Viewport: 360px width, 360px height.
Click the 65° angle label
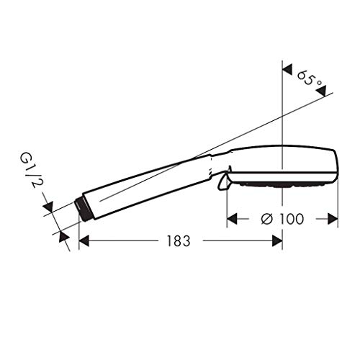(308, 77)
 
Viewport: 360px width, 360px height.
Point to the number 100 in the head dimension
(292, 217)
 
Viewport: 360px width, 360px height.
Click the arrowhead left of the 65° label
(286, 70)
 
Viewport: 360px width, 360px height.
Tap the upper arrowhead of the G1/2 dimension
(48, 210)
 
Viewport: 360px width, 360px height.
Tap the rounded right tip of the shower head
(336, 166)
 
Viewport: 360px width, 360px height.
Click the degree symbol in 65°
(318, 81)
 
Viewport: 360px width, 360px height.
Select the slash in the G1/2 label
(32, 173)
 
